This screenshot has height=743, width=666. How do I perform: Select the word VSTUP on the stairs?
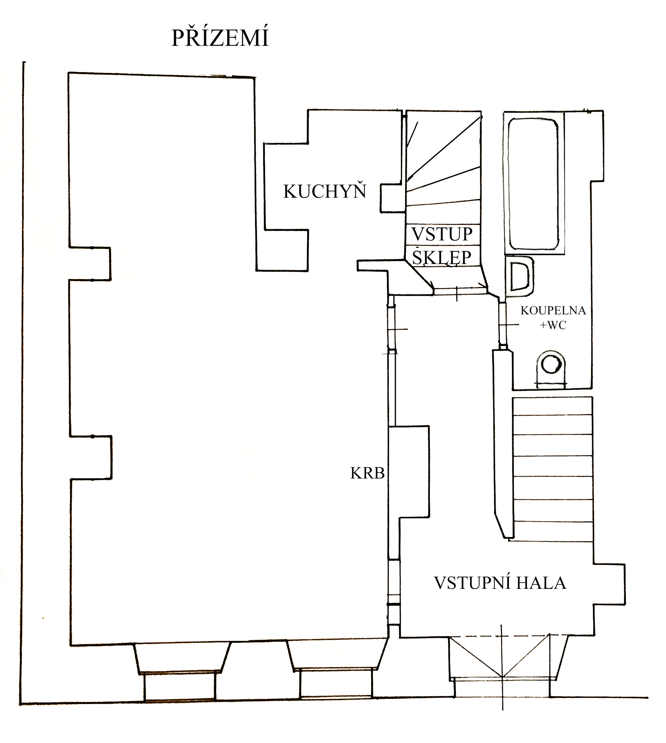pyautogui.click(x=442, y=234)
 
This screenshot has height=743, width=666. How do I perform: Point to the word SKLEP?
pyautogui.click(x=442, y=257)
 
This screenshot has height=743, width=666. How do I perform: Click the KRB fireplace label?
pyautogui.click(x=367, y=473)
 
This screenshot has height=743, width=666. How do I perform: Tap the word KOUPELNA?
pyautogui.click(x=553, y=311)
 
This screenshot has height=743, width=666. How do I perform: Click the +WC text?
pyautogui.click(x=553, y=325)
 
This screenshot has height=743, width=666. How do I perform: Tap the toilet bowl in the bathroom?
pyautogui.click(x=551, y=367)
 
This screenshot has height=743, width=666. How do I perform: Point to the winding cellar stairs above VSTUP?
pyautogui.click(x=443, y=167)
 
